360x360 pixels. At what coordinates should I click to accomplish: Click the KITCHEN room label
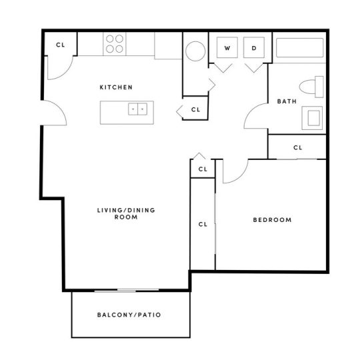click(116, 87)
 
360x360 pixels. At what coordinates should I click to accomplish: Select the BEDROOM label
click(271, 220)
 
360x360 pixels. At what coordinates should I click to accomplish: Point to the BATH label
click(287, 102)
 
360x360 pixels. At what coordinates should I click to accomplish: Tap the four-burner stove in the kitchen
click(114, 44)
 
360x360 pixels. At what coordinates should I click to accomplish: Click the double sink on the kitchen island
click(138, 108)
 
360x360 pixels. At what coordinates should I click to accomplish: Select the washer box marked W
click(227, 49)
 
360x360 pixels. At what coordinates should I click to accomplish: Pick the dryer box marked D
click(254, 49)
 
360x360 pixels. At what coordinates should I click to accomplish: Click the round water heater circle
click(195, 51)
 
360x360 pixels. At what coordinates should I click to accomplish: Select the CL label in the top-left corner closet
click(60, 45)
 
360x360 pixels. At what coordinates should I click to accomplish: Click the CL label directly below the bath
click(297, 148)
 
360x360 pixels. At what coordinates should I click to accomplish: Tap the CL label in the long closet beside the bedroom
click(203, 224)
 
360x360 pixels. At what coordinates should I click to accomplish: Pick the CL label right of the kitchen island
click(195, 109)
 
